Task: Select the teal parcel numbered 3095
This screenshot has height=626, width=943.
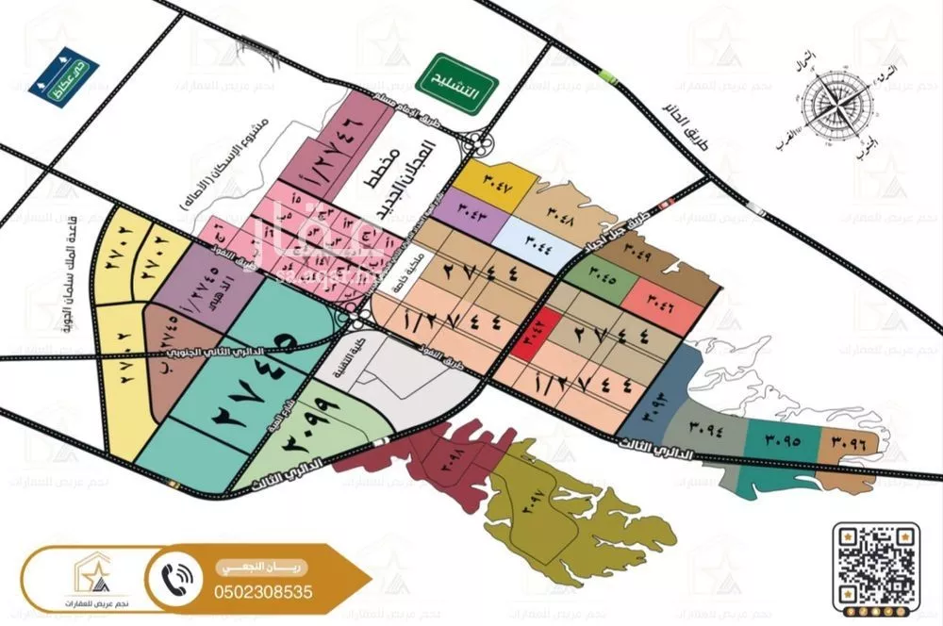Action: point(778,439)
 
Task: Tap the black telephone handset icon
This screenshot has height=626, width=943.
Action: point(178,576)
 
